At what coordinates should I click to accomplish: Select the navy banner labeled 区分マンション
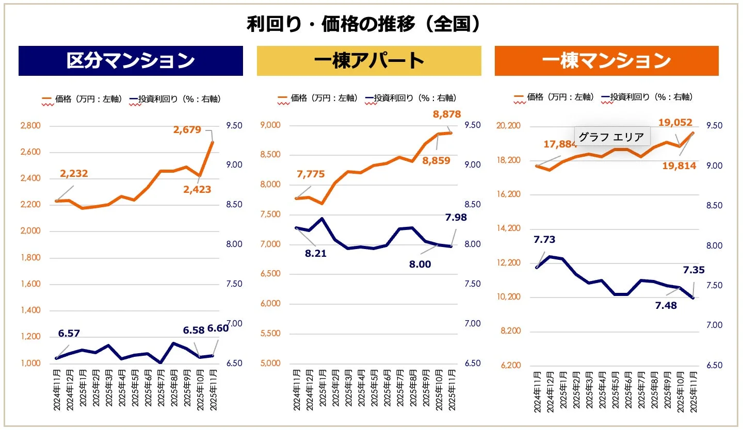(131, 61)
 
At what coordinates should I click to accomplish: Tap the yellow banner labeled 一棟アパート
(369, 61)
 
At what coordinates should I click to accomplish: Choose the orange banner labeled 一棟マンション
(606, 61)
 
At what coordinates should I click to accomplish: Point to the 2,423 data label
(197, 189)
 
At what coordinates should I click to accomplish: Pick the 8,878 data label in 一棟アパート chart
(446, 114)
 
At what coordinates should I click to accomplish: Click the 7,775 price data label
(311, 174)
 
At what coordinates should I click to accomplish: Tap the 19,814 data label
(680, 166)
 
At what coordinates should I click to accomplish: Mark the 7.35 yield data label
(693, 270)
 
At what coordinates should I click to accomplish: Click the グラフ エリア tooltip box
(611, 137)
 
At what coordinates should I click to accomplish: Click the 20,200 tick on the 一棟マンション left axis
(508, 126)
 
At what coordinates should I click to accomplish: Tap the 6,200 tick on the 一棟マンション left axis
(510, 366)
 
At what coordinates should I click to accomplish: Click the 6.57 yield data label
(69, 334)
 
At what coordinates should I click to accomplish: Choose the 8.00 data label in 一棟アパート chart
(420, 264)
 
